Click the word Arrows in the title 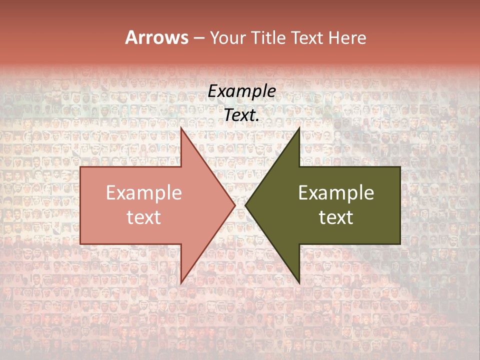tap(156, 37)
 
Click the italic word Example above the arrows tap(241, 91)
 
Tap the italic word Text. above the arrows tap(240, 115)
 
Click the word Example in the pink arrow tap(144, 193)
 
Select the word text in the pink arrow tap(144, 217)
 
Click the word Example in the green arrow tap(336, 193)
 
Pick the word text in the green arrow tap(336, 217)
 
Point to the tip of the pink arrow tap(234, 205)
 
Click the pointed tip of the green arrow tap(246, 205)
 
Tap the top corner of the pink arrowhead tap(181, 128)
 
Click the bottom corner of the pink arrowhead tap(181, 282)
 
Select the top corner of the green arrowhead tap(299, 128)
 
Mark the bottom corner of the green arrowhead tap(299, 282)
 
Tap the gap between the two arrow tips tap(240, 205)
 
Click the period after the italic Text tap(257, 120)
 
